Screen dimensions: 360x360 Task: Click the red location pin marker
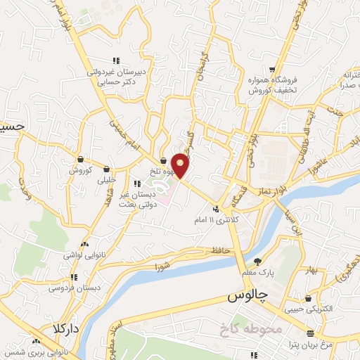tap(181, 165)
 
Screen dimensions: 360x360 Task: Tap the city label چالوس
tap(250, 297)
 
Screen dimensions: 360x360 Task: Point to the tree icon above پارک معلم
tap(257, 261)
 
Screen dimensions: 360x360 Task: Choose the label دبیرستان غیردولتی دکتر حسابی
tap(116, 77)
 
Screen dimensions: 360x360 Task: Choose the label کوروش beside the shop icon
tap(81, 171)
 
